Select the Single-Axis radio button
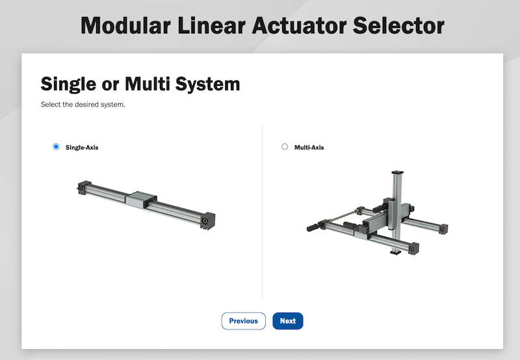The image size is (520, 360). tap(56, 146)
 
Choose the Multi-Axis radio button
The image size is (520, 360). tap(285, 146)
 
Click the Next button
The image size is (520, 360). tap(288, 321)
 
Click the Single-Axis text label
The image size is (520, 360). tap(82, 148)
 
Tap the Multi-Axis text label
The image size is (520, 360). tap(309, 148)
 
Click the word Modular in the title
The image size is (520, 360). tap(125, 25)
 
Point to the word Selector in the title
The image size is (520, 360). tap(398, 25)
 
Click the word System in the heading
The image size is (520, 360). tap(207, 84)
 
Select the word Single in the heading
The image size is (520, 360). tap(68, 84)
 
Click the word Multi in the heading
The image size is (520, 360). tap(148, 84)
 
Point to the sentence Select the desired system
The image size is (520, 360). tap(83, 105)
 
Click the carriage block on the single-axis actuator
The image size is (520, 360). tap(140, 199)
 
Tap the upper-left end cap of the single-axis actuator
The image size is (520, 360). tap(84, 187)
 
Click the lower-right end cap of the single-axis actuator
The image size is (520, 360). tap(207, 220)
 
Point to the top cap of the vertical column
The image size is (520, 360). tap(397, 173)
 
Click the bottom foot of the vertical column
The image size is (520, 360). tap(396, 252)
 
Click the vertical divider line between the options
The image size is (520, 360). tap(263, 211)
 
